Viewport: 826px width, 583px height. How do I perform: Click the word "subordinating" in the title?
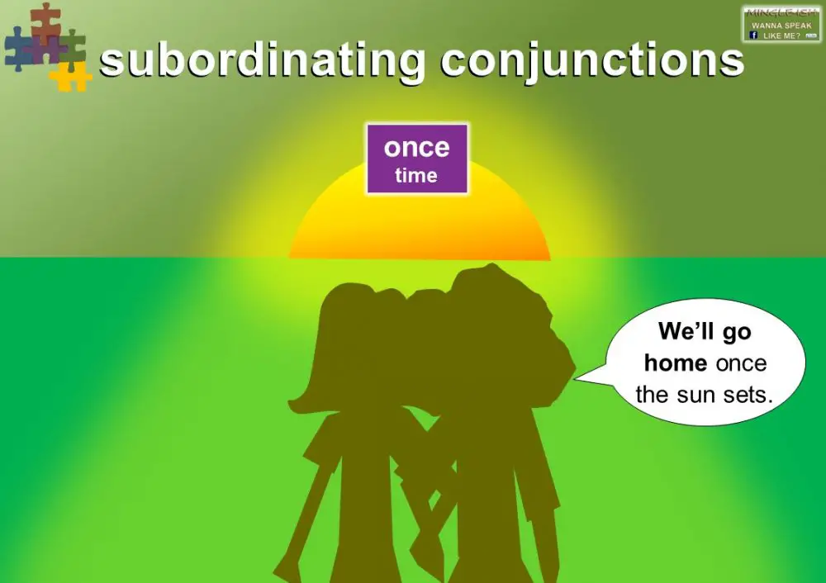point(262,61)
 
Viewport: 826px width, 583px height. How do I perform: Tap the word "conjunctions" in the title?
point(592,61)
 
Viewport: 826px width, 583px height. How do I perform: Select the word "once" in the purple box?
point(417,148)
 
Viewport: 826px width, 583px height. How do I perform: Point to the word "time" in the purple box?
point(416,175)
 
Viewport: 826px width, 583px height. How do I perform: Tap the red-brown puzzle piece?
point(45,20)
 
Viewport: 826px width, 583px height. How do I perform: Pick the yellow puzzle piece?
point(70,76)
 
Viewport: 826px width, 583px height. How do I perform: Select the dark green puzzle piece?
point(74,45)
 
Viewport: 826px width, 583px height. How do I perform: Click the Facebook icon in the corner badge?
point(753,36)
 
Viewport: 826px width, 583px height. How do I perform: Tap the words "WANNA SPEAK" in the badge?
point(781,26)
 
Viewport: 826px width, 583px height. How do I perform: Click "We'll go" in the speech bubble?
point(705,332)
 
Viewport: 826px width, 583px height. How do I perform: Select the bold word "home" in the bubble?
point(676,363)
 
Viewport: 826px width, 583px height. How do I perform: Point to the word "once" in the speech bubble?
point(741,363)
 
